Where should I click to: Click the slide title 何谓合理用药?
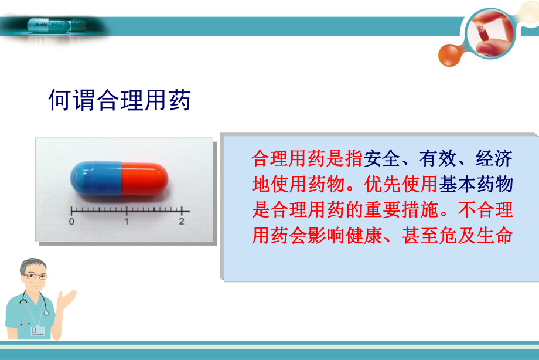pyautogui.click(x=120, y=101)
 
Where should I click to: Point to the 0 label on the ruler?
pyautogui.click(x=71, y=222)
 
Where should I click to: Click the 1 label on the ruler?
pyautogui.click(x=127, y=222)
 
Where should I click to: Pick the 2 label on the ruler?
pyautogui.click(x=182, y=222)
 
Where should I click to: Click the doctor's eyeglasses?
pyautogui.click(x=36, y=276)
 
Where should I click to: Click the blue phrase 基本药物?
pyautogui.click(x=476, y=184)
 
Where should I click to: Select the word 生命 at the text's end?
pyautogui.click(x=495, y=236)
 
